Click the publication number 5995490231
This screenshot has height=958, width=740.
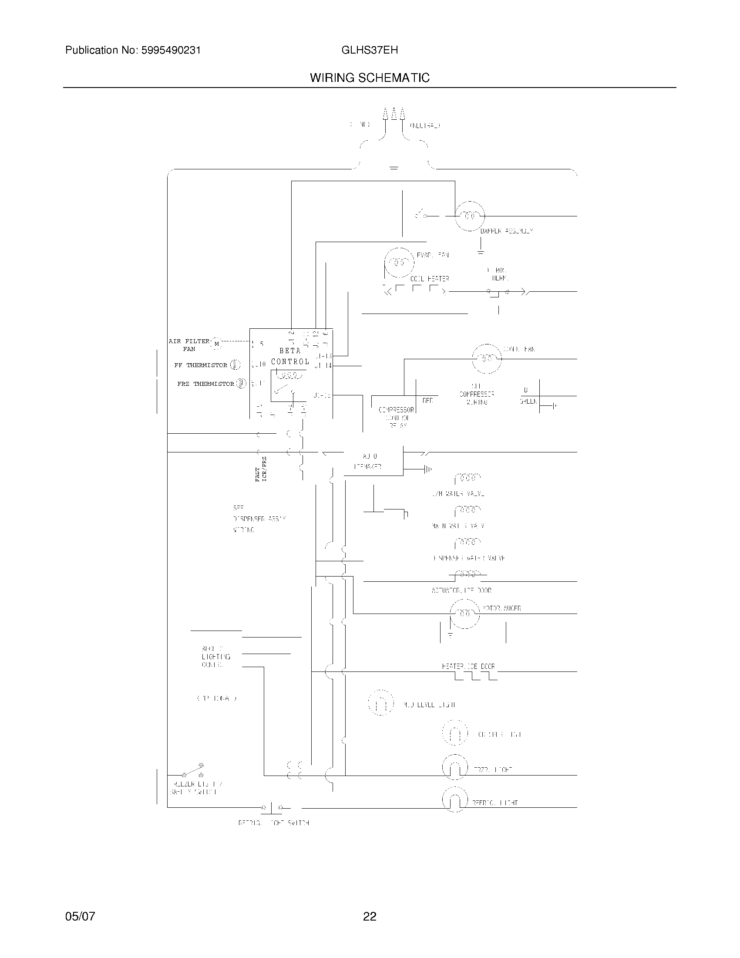pos(171,51)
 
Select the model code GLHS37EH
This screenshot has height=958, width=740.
pos(370,51)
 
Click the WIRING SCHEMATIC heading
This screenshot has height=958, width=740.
pos(370,78)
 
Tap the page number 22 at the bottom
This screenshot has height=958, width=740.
pos(370,916)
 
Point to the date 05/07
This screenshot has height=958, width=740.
pos(80,916)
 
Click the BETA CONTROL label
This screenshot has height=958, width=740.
pos(290,356)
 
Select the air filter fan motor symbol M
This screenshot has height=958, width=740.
pos(217,344)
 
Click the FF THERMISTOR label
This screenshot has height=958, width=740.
pos(201,365)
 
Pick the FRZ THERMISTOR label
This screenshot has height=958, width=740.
pos(205,384)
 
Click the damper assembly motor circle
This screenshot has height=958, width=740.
pos(470,216)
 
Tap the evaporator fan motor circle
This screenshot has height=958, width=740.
pos(399,262)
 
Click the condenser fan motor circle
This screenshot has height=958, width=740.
pos(487,359)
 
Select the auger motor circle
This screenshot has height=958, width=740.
pos(465,614)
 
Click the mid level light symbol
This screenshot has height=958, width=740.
pos(380,703)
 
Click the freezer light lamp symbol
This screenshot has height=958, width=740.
pos(455,767)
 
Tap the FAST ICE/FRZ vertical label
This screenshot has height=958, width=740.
pos(261,469)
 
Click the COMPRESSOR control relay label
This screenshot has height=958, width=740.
pos(396,410)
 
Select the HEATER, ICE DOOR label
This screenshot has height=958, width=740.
pos(468,666)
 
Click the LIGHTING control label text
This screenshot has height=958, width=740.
pos(215,657)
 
